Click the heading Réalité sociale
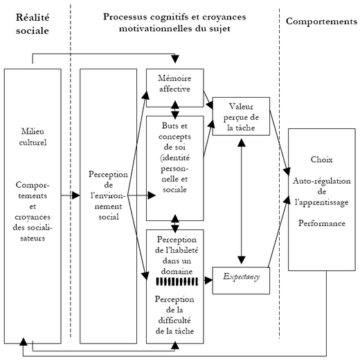33,24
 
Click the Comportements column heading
321,21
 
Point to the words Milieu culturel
33,137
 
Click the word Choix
322,159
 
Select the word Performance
322,223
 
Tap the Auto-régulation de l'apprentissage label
322,192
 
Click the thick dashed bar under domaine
177,281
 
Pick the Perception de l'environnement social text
108,195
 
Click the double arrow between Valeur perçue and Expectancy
242,201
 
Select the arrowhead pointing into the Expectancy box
208,281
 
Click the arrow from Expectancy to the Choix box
279,231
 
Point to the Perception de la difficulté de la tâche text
174,315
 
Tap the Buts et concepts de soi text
174,158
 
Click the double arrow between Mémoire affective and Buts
175,110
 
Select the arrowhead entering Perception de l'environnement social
76,195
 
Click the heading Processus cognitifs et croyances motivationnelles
174,23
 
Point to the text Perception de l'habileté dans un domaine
177,255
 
